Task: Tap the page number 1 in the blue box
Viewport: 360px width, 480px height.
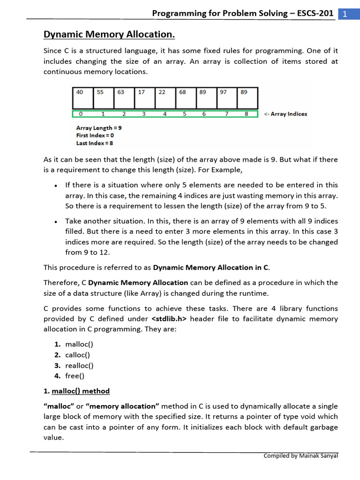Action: (x=345, y=14)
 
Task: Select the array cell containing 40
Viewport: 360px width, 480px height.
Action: (x=82, y=98)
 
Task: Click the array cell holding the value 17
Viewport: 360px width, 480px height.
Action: (x=144, y=98)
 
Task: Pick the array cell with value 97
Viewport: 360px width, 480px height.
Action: (x=226, y=98)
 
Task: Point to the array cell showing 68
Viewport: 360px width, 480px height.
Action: (x=185, y=98)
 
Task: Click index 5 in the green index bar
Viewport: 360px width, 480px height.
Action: (x=184, y=114)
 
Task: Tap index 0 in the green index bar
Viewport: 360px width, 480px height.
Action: (x=81, y=114)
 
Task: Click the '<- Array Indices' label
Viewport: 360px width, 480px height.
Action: (x=285, y=114)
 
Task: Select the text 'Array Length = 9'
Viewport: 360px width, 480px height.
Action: (x=99, y=128)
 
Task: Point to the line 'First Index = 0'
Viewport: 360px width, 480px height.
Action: (x=95, y=135)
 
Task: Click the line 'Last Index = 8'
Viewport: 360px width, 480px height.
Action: (x=95, y=143)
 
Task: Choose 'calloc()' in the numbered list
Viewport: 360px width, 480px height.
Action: (x=78, y=355)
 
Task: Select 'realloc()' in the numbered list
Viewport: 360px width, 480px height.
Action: (x=79, y=365)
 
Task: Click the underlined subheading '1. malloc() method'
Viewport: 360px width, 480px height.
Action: (x=76, y=391)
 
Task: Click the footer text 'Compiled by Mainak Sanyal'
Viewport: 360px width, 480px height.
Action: (x=300, y=455)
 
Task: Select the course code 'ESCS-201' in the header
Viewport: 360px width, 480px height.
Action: (x=312, y=13)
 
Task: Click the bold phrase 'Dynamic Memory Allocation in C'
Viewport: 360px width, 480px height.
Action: (x=211, y=268)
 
